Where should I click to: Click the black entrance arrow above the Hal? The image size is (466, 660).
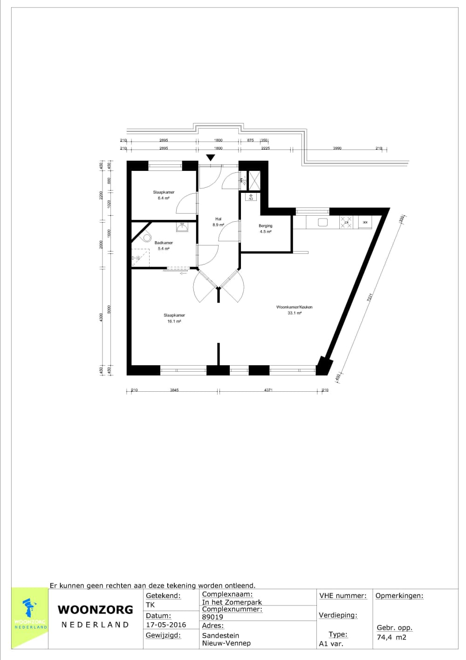(x=211, y=158)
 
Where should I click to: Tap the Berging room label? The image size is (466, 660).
(x=265, y=226)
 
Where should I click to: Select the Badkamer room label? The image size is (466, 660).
(x=164, y=243)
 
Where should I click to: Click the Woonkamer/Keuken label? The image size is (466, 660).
(x=294, y=307)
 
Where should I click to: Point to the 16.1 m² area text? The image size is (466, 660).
(x=174, y=321)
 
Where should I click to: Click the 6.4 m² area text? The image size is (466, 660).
(x=164, y=198)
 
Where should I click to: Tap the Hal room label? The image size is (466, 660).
(x=219, y=219)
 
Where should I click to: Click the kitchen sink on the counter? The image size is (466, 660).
(x=323, y=223)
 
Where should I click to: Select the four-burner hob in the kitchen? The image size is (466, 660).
(x=346, y=222)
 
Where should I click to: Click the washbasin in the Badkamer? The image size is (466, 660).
(x=182, y=227)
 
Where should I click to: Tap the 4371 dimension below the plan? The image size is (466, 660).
(x=268, y=390)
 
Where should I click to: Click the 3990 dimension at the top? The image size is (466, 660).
(x=337, y=148)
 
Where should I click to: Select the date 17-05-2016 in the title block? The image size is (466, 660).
(x=166, y=625)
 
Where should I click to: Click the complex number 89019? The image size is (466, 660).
(x=212, y=617)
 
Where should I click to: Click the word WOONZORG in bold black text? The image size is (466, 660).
(x=96, y=610)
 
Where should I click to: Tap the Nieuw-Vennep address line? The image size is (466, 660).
(x=226, y=643)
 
